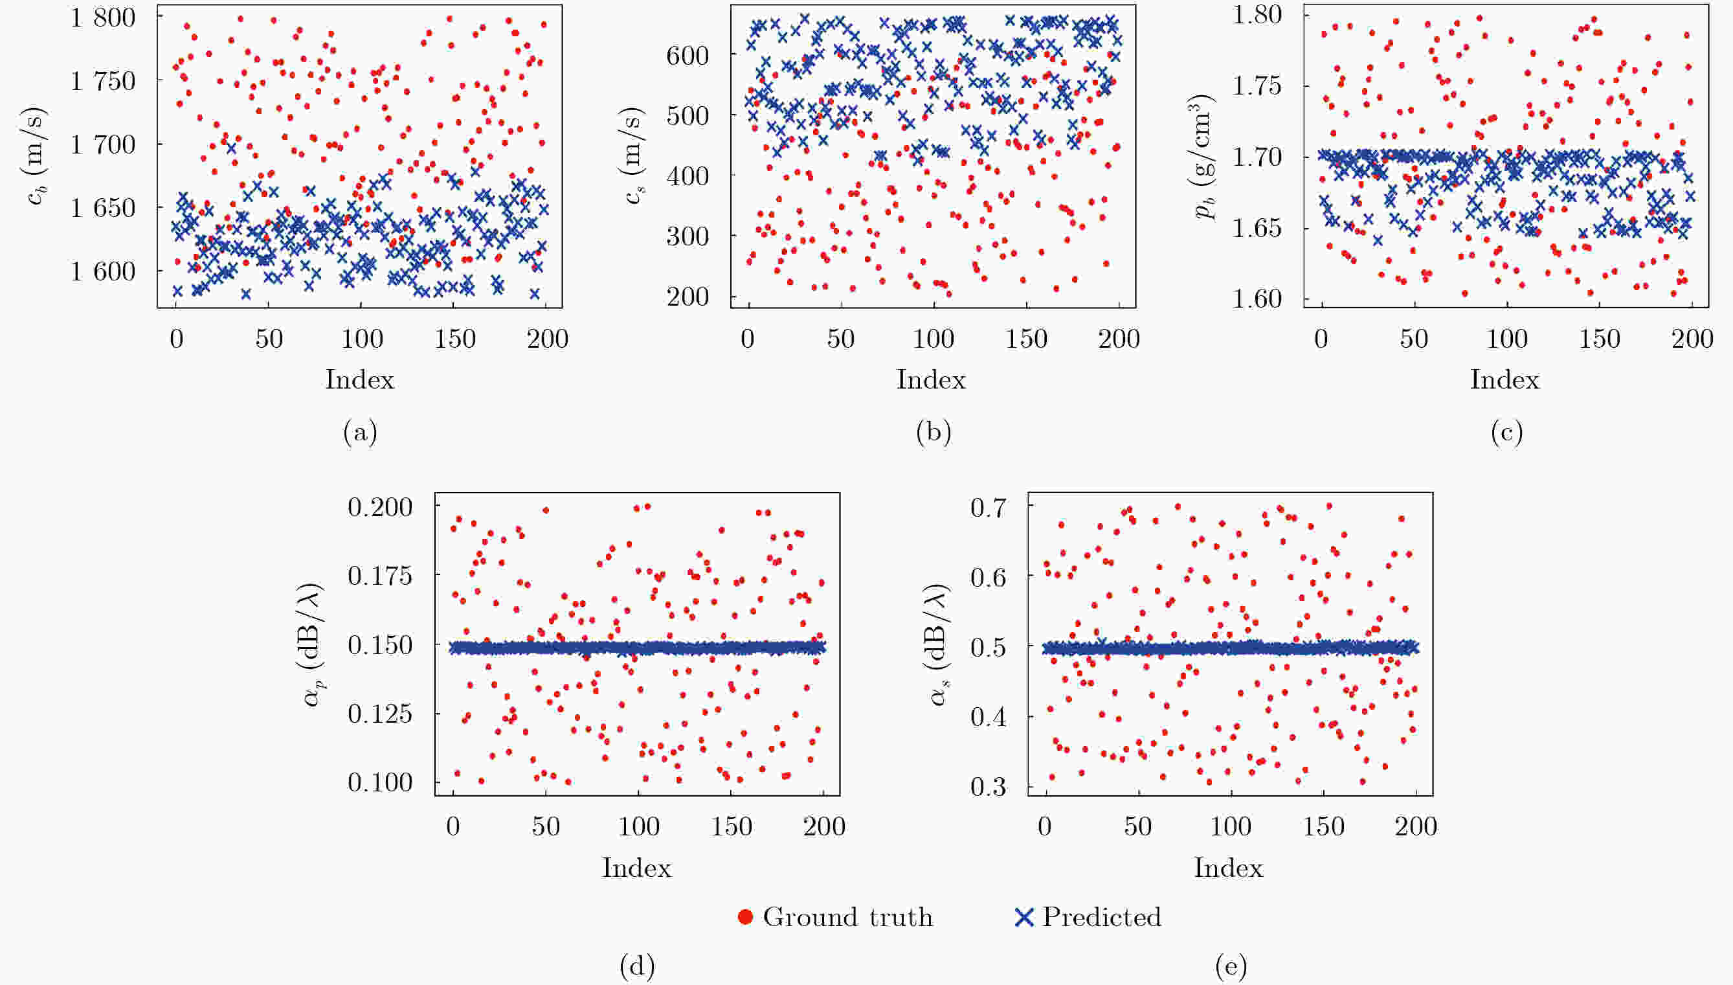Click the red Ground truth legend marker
[x=745, y=918]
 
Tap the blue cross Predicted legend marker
[x=1024, y=918]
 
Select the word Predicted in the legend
[x=1101, y=918]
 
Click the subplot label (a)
[x=360, y=431]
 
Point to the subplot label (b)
[x=933, y=431]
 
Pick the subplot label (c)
[x=1506, y=431]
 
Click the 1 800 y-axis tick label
[x=103, y=17]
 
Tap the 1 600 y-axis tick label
[x=103, y=271]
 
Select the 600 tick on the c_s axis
[x=688, y=56]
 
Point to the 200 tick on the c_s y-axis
[x=688, y=297]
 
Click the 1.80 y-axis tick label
[x=1257, y=14]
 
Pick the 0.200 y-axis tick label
[x=380, y=506]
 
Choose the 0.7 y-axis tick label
[x=989, y=507]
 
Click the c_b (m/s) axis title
[x=37, y=155]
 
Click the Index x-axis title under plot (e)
[x=1229, y=868]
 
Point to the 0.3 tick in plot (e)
[x=989, y=787]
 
